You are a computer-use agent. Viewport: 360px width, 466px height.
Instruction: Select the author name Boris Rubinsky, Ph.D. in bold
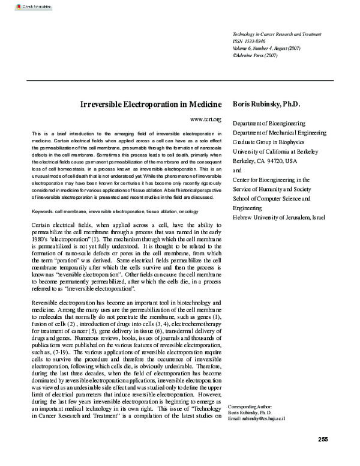[266, 104]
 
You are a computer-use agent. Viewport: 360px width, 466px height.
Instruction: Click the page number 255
[323, 440]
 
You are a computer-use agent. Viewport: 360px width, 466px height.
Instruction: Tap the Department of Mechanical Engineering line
[279, 132]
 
